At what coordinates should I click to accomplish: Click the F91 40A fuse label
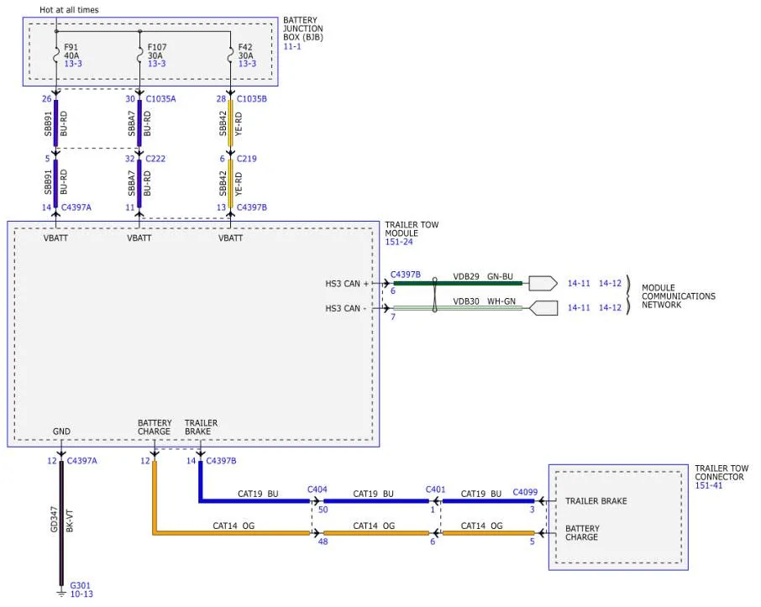click(x=71, y=51)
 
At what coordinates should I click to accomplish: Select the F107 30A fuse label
click(x=157, y=51)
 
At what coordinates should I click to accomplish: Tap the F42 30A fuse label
click(x=245, y=51)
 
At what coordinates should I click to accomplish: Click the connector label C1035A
click(x=160, y=99)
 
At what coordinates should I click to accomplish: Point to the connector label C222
click(x=155, y=159)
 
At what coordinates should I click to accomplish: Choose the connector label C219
click(x=247, y=159)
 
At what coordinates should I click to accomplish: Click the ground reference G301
click(x=80, y=585)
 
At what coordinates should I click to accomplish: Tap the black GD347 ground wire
click(x=61, y=523)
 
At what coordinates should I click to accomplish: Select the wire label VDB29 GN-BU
click(x=483, y=276)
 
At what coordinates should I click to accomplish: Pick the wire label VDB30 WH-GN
click(x=485, y=301)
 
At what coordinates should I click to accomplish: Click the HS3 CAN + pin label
click(x=347, y=284)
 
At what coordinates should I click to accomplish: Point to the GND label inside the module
click(x=61, y=432)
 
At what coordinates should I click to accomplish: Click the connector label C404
click(x=318, y=489)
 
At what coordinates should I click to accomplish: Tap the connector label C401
click(x=435, y=489)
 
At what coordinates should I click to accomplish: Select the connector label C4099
click(x=525, y=492)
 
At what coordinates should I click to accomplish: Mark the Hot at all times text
click(x=69, y=10)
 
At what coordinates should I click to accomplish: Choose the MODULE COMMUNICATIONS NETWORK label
click(x=679, y=296)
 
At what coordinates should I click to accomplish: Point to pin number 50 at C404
click(x=323, y=510)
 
